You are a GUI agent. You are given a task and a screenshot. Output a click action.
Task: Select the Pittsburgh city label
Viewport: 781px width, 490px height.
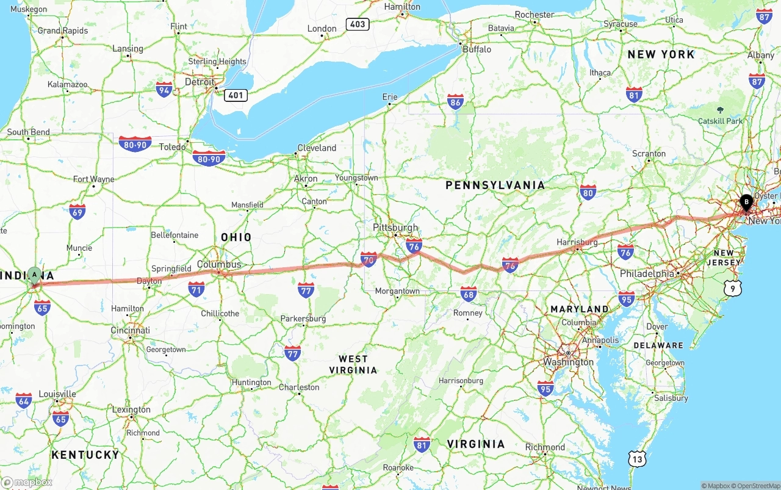coord(395,228)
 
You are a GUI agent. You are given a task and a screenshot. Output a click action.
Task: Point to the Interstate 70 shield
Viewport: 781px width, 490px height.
coord(369,259)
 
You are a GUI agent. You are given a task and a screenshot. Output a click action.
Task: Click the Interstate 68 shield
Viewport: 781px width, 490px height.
coord(468,294)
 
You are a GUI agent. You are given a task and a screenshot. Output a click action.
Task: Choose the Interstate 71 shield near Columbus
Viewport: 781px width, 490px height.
coord(196,289)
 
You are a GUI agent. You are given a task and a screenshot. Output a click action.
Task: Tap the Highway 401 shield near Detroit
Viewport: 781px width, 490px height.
coord(236,95)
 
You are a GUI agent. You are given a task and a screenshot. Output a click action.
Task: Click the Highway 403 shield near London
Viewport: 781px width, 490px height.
coord(357,24)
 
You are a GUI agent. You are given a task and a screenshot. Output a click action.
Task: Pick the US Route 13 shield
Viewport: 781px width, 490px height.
coord(638,459)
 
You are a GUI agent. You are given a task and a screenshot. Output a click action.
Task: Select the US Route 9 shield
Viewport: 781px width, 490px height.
coord(733,288)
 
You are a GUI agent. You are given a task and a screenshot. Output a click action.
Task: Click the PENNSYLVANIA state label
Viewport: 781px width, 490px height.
coord(495,185)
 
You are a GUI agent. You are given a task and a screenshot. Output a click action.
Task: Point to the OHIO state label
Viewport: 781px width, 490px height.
coord(236,237)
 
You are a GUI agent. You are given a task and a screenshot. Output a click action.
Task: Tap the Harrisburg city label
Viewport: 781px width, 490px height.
coord(577,242)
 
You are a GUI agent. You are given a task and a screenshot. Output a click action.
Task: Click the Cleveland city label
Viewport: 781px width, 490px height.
coord(317,148)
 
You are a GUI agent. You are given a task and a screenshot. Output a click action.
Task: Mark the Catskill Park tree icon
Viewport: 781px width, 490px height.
coord(720,110)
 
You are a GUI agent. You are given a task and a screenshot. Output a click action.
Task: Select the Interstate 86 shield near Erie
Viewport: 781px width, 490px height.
coord(455,102)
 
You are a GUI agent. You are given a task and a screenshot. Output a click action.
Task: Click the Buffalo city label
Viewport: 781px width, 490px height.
coord(477,49)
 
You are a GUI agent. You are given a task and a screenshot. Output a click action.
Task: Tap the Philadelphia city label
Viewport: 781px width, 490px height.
coord(647,274)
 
